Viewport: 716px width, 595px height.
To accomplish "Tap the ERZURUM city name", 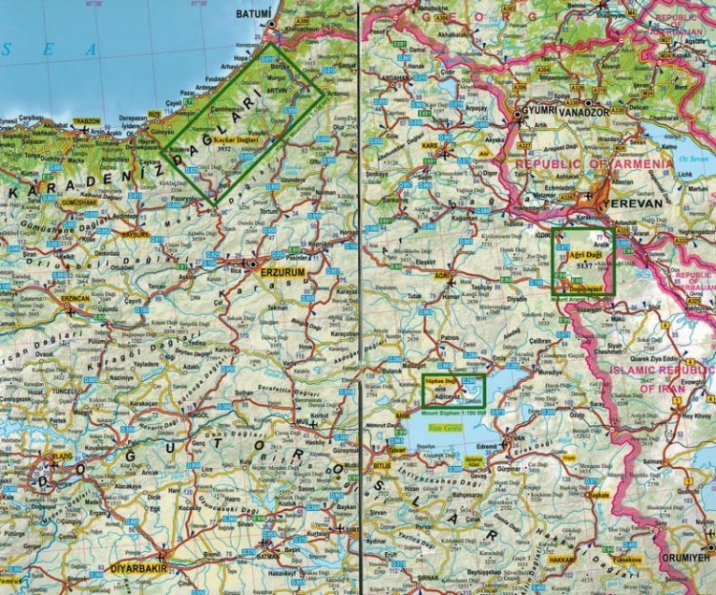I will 285,271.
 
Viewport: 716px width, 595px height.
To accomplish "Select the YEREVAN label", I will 627,204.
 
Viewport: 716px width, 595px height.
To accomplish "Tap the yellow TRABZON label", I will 84,122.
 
